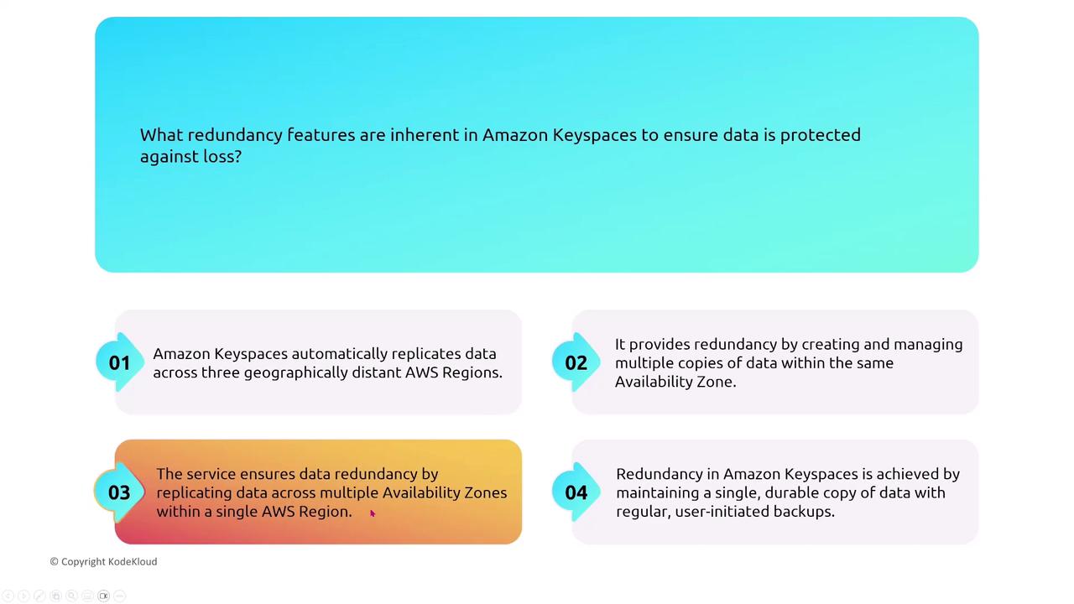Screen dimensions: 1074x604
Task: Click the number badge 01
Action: [119, 362]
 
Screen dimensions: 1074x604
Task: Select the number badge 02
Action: [576, 362]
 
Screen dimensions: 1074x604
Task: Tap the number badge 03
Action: [119, 492]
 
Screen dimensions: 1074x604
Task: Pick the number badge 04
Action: [576, 492]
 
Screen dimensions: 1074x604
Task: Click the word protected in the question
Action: [821, 136]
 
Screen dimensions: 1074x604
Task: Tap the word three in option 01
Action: [219, 372]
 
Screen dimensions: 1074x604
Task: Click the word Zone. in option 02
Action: [716, 382]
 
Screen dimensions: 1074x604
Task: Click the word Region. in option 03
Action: [326, 513]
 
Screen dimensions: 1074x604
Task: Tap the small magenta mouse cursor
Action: [373, 513]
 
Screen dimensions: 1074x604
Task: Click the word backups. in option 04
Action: [804, 512]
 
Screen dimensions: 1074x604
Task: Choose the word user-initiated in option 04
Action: [722, 512]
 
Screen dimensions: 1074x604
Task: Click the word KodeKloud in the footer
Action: [133, 561]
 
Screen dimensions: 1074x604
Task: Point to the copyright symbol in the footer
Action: [55, 561]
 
